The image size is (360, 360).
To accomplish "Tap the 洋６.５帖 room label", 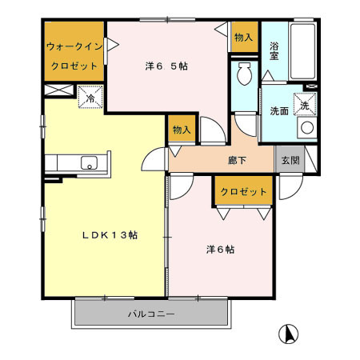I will pos(166,66).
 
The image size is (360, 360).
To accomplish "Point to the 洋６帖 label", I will pos(216,250).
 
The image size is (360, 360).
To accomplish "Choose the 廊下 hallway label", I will pos(237,161).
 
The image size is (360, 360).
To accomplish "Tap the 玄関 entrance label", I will pos(287,159).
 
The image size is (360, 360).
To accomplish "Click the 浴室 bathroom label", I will pos(274,52).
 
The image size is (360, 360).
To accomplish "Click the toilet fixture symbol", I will pos(244,78).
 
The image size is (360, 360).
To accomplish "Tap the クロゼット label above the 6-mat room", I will pos(243,192).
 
